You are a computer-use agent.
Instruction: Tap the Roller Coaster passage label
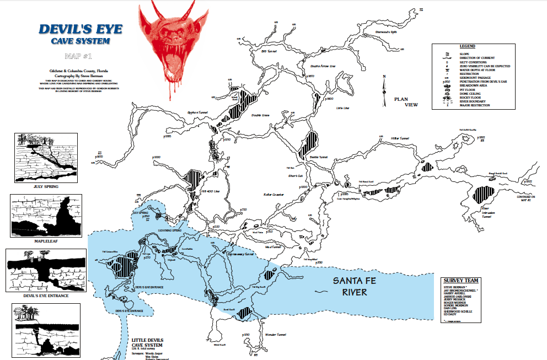tap(273, 195)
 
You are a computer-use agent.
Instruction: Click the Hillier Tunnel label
tap(400, 138)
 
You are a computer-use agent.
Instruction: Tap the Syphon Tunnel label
tap(199, 111)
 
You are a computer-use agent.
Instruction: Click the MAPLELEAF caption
tap(47, 241)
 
